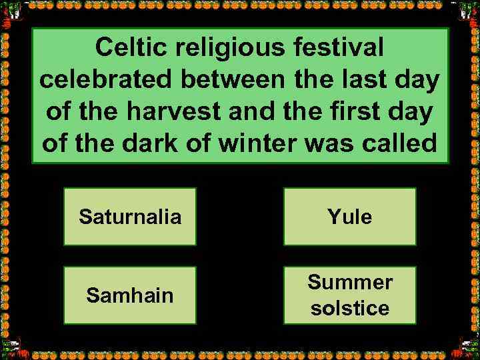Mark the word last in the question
371,81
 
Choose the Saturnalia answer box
130,217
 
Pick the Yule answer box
350,217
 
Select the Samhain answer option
130,295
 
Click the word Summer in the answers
350,283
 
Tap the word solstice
350,308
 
